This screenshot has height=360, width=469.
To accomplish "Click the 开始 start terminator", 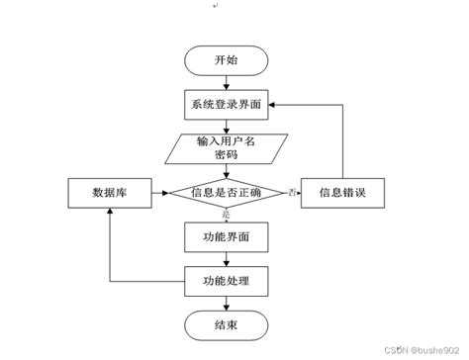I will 226,61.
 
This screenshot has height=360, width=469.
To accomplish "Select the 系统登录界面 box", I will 226,104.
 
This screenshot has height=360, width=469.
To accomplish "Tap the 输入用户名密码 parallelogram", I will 226,148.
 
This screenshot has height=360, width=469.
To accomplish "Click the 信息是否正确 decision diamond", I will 226,192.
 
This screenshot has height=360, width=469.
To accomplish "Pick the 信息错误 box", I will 341,192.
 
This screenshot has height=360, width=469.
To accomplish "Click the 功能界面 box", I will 226,237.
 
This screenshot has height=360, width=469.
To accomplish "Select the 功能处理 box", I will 226,282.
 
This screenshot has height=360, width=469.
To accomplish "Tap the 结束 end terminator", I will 226,323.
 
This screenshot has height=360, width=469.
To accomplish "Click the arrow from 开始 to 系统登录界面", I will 226,82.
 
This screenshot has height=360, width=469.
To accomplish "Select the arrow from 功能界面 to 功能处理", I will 226,259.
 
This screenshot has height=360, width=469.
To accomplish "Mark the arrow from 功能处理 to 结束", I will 226,302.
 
